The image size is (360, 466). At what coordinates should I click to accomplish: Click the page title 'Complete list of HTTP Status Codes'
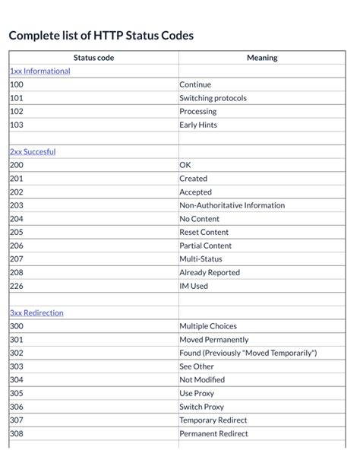pos(101,35)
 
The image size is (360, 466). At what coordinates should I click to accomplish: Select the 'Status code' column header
pos(93,58)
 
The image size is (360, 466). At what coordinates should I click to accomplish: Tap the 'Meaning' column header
pos(262,58)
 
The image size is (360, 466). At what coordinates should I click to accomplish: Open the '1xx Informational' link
pos(39,71)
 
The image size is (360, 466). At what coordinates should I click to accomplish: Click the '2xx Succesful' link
pos(33,151)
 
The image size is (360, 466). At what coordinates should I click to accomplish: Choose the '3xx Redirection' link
pos(36,312)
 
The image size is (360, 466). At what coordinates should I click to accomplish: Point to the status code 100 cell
pos(17,84)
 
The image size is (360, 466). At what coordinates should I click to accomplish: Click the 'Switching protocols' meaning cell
pos(213,98)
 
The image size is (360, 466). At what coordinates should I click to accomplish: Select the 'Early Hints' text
pos(198,125)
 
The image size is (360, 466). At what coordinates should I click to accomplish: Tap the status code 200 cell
pos(17,165)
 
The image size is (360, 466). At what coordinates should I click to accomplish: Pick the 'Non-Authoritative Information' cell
pos(232,205)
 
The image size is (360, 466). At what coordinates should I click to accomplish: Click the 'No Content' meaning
pos(199,219)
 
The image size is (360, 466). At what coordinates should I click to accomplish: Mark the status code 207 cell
pos(17,259)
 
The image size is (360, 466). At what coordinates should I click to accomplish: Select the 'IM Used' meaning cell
pos(194,286)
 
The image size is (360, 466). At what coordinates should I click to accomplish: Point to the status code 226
pos(17,286)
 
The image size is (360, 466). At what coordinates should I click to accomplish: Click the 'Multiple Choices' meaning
pos(208,326)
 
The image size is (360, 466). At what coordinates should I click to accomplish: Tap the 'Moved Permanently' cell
pos(213,340)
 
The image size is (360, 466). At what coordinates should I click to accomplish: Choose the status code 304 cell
pos(17,380)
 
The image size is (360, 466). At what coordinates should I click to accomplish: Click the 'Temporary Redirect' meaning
pos(213,420)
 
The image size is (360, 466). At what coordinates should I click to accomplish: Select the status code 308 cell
pos(17,434)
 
